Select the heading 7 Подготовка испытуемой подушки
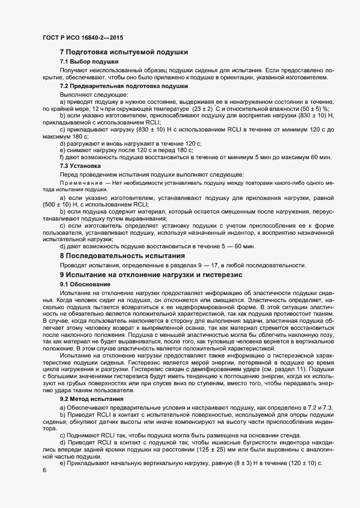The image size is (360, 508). pos(124,52)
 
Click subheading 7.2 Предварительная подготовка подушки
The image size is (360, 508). pos(124,86)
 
